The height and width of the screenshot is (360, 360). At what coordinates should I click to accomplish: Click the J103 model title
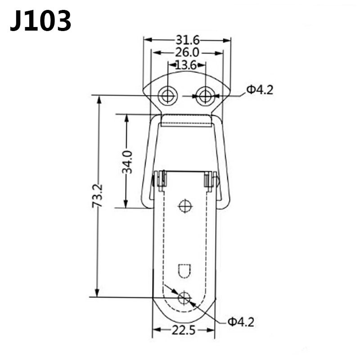(40, 21)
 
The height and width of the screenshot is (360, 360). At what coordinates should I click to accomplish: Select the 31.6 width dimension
(187, 40)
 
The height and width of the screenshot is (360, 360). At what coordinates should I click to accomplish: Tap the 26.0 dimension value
(187, 53)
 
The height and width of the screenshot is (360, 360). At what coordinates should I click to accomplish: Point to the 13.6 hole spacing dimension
(186, 65)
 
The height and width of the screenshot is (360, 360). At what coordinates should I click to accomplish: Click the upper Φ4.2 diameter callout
(259, 90)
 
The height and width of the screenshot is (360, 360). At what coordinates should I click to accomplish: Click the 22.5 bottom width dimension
(184, 331)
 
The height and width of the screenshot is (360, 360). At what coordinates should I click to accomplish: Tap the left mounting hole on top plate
(167, 95)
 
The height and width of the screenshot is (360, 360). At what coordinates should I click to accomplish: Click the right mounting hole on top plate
(205, 95)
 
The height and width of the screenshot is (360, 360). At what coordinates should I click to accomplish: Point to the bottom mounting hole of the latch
(184, 297)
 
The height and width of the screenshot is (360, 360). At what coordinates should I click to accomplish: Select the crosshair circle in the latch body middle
(185, 206)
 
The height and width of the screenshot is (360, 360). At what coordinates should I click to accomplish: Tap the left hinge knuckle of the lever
(160, 180)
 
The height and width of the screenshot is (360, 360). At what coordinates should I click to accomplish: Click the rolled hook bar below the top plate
(186, 120)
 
